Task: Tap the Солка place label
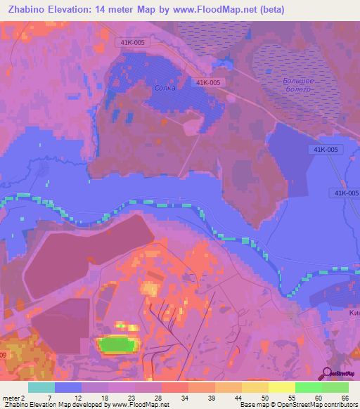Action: [x=165, y=89]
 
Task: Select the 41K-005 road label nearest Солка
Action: [x=208, y=82]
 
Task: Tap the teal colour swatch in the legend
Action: [x=41, y=387]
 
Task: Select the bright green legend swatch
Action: [x=308, y=387]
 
